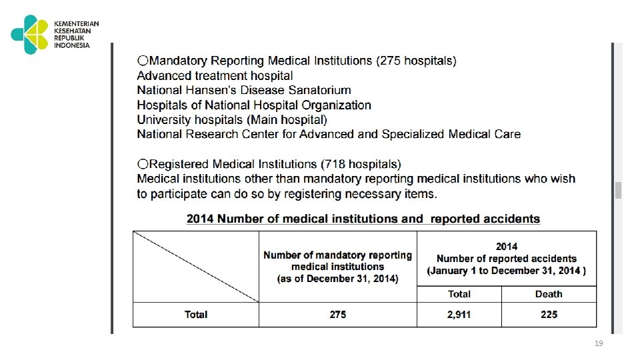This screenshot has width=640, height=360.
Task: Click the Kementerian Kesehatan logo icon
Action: (x=29, y=34)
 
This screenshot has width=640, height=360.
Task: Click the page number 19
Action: (x=598, y=343)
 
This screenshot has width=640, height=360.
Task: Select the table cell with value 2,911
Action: (x=459, y=315)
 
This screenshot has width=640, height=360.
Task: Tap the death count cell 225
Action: (x=549, y=315)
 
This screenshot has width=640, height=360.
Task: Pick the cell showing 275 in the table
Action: (x=338, y=315)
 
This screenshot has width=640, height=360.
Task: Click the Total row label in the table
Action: (x=196, y=315)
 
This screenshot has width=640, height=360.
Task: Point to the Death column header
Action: (x=549, y=294)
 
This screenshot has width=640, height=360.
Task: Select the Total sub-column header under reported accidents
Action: (x=459, y=294)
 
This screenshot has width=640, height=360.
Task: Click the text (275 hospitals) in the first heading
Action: (x=417, y=61)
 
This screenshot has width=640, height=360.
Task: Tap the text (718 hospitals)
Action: (x=361, y=164)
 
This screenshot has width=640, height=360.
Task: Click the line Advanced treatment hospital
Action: (x=215, y=76)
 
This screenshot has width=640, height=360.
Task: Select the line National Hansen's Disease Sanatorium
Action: (x=244, y=90)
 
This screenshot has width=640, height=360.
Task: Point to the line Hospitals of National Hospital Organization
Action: (x=254, y=105)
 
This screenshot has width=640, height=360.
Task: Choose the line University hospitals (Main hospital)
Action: (x=232, y=120)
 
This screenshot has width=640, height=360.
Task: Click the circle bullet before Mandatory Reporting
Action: (x=142, y=61)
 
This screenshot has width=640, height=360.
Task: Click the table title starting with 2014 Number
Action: (x=363, y=219)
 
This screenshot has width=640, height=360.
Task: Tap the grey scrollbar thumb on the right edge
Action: (x=618, y=190)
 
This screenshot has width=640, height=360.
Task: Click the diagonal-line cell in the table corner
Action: (x=196, y=266)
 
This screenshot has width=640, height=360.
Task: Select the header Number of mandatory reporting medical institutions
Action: (x=338, y=266)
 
